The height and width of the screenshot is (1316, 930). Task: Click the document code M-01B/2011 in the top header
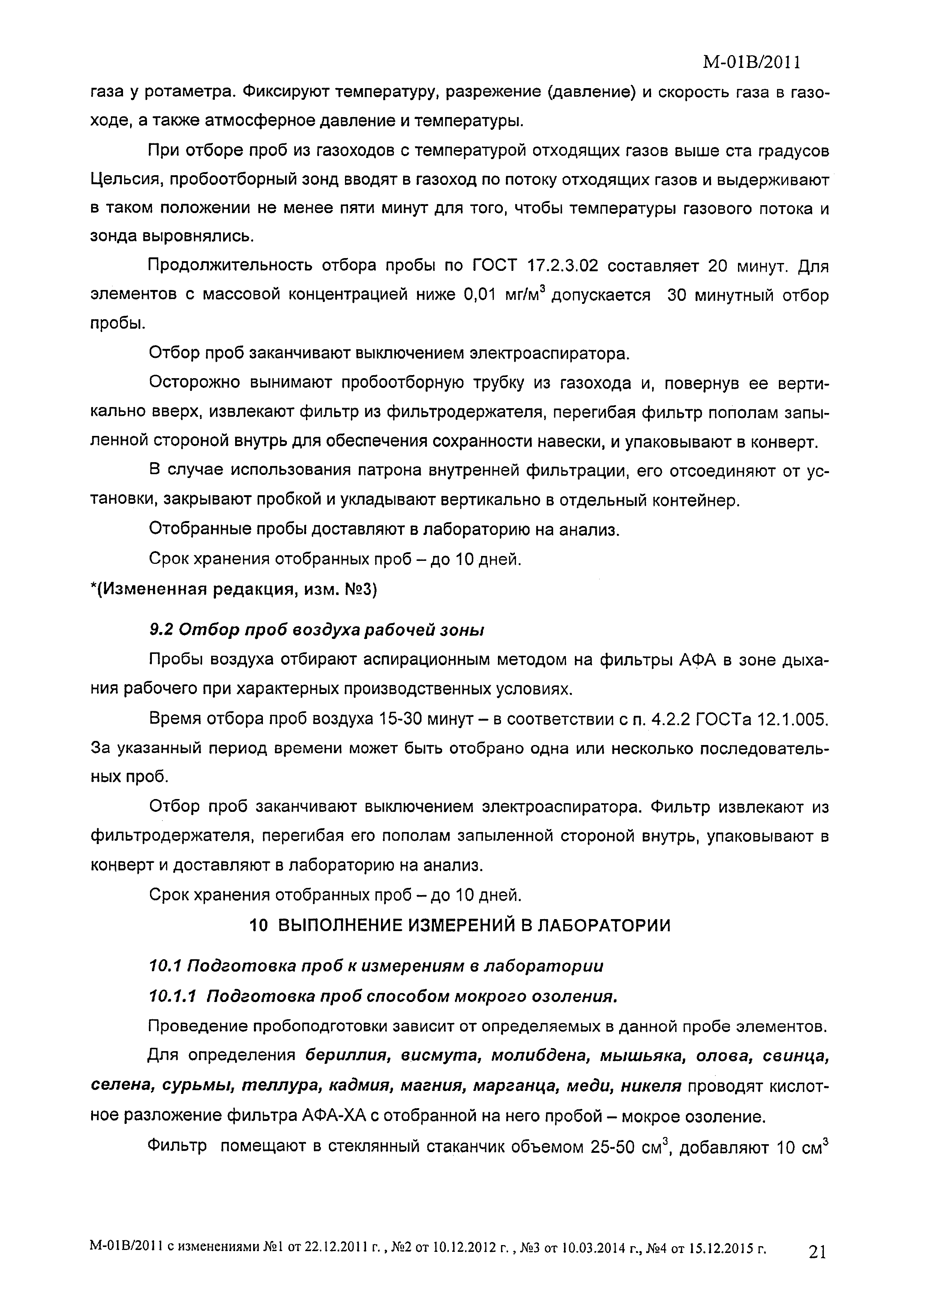pos(751,62)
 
